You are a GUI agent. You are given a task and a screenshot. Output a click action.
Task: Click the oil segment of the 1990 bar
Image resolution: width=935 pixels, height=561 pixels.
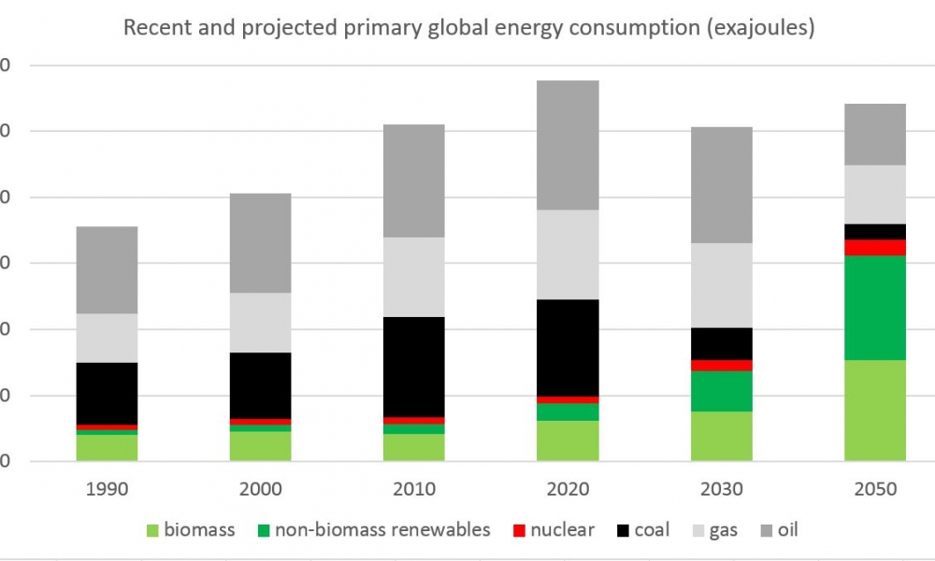107,269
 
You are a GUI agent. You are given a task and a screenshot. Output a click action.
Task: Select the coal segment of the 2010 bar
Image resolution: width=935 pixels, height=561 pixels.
413,367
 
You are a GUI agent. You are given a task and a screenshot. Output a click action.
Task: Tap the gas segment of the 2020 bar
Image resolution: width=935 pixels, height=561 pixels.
568,254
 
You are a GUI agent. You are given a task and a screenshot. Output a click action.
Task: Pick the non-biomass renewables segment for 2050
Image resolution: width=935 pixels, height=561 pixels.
875,308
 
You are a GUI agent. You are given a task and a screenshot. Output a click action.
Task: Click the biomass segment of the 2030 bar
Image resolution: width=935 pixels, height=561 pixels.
722,436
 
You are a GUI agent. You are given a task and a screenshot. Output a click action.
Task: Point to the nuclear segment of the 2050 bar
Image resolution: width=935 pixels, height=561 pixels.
875,247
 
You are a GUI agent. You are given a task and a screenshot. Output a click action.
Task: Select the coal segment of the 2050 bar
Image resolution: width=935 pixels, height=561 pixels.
875,231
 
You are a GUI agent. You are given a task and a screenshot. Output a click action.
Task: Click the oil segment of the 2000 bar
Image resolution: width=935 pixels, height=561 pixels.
260,243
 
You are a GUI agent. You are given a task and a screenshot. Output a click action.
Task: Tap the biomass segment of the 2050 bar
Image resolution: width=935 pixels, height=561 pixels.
875,410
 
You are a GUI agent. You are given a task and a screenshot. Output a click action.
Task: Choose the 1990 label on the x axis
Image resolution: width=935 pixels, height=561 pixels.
107,489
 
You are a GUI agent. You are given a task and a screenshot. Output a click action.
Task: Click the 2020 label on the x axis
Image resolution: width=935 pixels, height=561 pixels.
568,489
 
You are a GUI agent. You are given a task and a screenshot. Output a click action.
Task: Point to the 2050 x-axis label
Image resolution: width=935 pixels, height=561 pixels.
875,489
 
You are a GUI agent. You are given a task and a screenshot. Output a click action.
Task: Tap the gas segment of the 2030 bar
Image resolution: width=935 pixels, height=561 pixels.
722,285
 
